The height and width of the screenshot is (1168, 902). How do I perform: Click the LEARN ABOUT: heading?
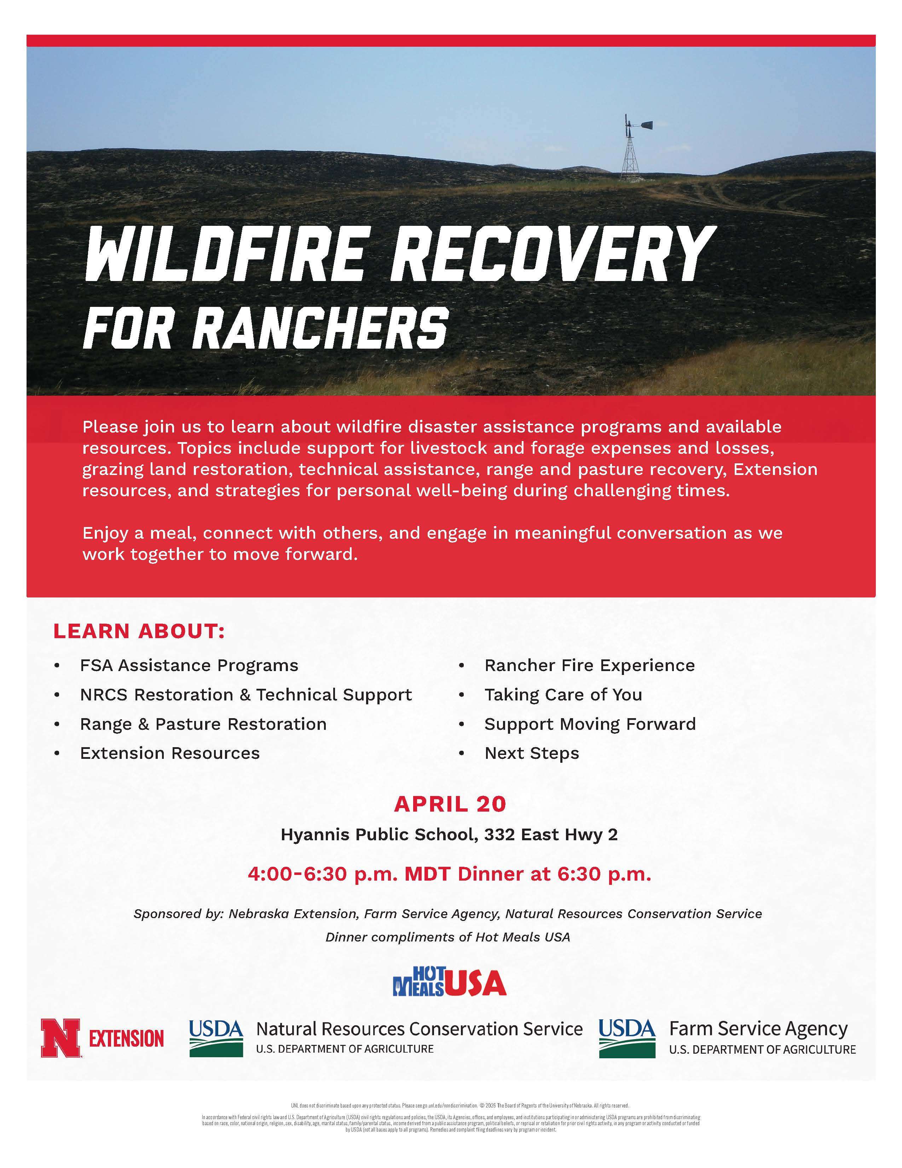click(x=139, y=631)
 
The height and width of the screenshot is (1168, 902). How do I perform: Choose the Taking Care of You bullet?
click(x=563, y=695)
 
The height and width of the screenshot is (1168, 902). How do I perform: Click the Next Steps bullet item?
click(x=531, y=753)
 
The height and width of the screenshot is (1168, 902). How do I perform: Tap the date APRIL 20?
click(x=450, y=804)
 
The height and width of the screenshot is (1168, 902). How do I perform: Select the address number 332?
click(x=499, y=835)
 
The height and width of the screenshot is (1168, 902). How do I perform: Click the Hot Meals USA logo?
click(x=449, y=983)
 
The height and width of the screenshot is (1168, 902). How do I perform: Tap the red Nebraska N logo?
click(x=60, y=1038)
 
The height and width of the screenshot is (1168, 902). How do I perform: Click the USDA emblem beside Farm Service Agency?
click(x=627, y=1038)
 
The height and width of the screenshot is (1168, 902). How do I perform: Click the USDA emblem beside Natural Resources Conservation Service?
click(x=216, y=1038)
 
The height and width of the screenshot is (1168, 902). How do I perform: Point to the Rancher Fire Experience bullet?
click(x=589, y=665)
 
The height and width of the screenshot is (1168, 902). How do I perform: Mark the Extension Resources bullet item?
click(x=169, y=753)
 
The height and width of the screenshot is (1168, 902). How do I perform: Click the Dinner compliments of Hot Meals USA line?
click(x=448, y=937)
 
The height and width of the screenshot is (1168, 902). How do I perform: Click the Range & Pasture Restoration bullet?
click(x=203, y=724)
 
